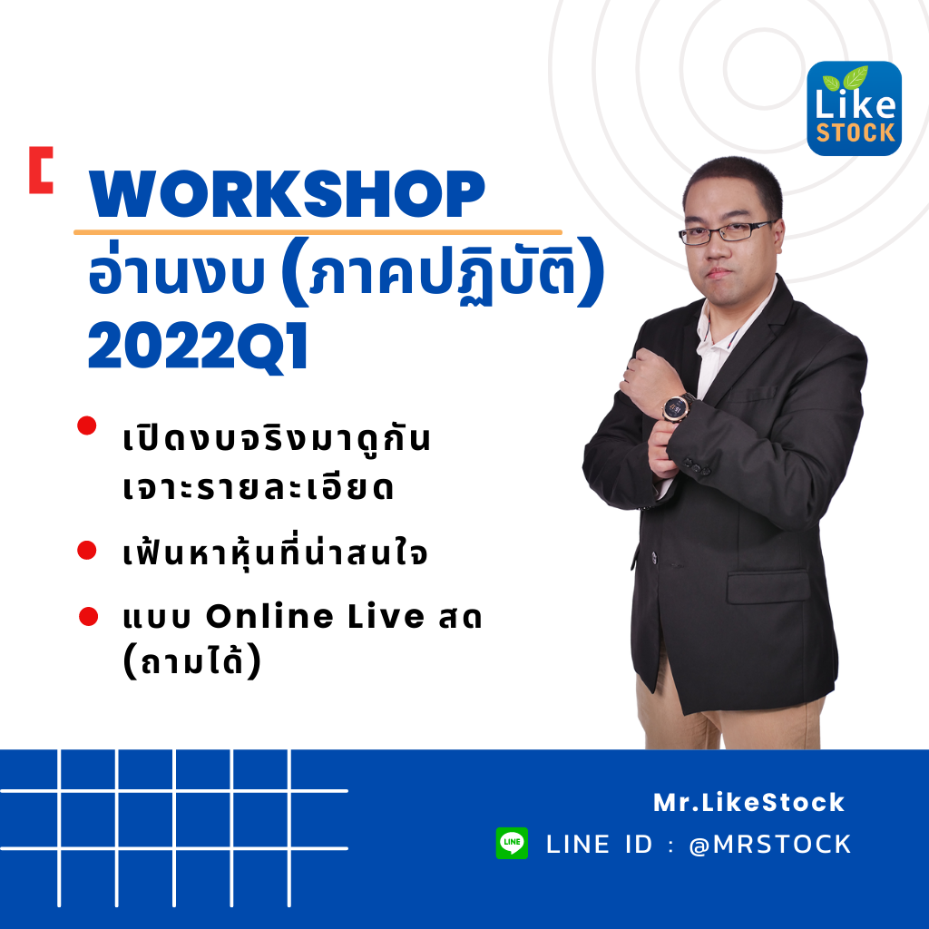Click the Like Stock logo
854,109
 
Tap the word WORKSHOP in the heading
287,194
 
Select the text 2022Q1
198,347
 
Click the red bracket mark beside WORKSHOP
41,170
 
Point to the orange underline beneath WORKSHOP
318,232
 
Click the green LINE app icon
512,843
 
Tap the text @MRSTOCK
770,845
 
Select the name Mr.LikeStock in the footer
748,802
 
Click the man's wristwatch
676,406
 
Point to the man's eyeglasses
727,231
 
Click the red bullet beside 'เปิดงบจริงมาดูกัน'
87,425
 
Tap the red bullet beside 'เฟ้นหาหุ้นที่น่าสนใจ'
87,550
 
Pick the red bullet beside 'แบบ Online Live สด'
88,616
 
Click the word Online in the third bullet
269,616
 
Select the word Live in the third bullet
386,616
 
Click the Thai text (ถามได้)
192,660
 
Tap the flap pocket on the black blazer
768,587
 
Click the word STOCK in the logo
856,132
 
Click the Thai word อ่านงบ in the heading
176,274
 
